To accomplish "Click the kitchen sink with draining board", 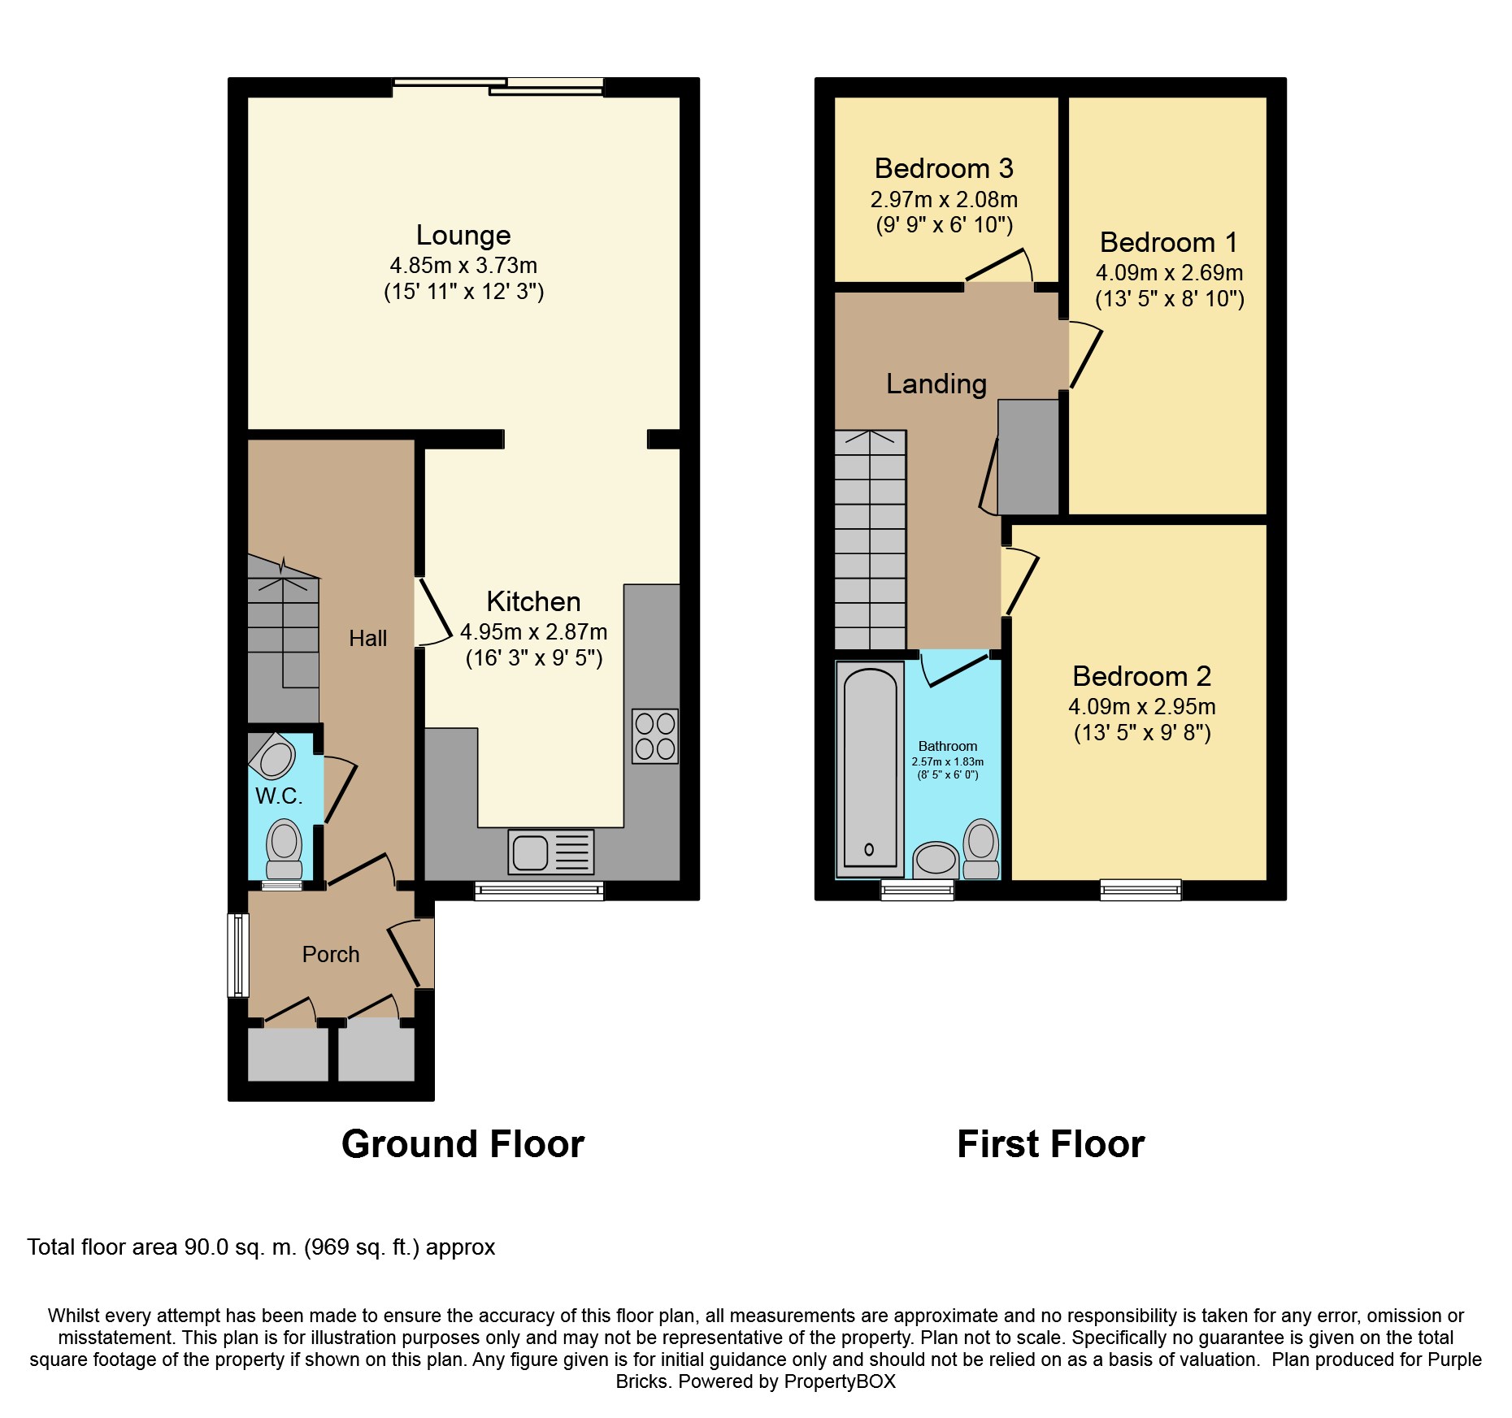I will (550, 852).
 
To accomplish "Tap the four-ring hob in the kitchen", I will (654, 736).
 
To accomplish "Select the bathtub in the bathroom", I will (870, 769).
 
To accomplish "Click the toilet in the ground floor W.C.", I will (284, 847).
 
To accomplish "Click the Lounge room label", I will (463, 235).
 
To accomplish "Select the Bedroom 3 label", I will (943, 168).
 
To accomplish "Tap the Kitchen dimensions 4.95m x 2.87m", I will (533, 631).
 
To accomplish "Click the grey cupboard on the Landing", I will (1028, 457).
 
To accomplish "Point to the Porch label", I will (330, 954).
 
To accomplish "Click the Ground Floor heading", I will (463, 1144).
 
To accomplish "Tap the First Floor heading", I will (1050, 1144).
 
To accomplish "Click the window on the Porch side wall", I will (237, 955).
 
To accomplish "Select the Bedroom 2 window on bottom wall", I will (1140, 890).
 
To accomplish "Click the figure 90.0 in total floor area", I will (206, 1247).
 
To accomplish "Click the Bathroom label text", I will (947, 746).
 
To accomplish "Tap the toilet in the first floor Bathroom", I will (981, 848).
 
